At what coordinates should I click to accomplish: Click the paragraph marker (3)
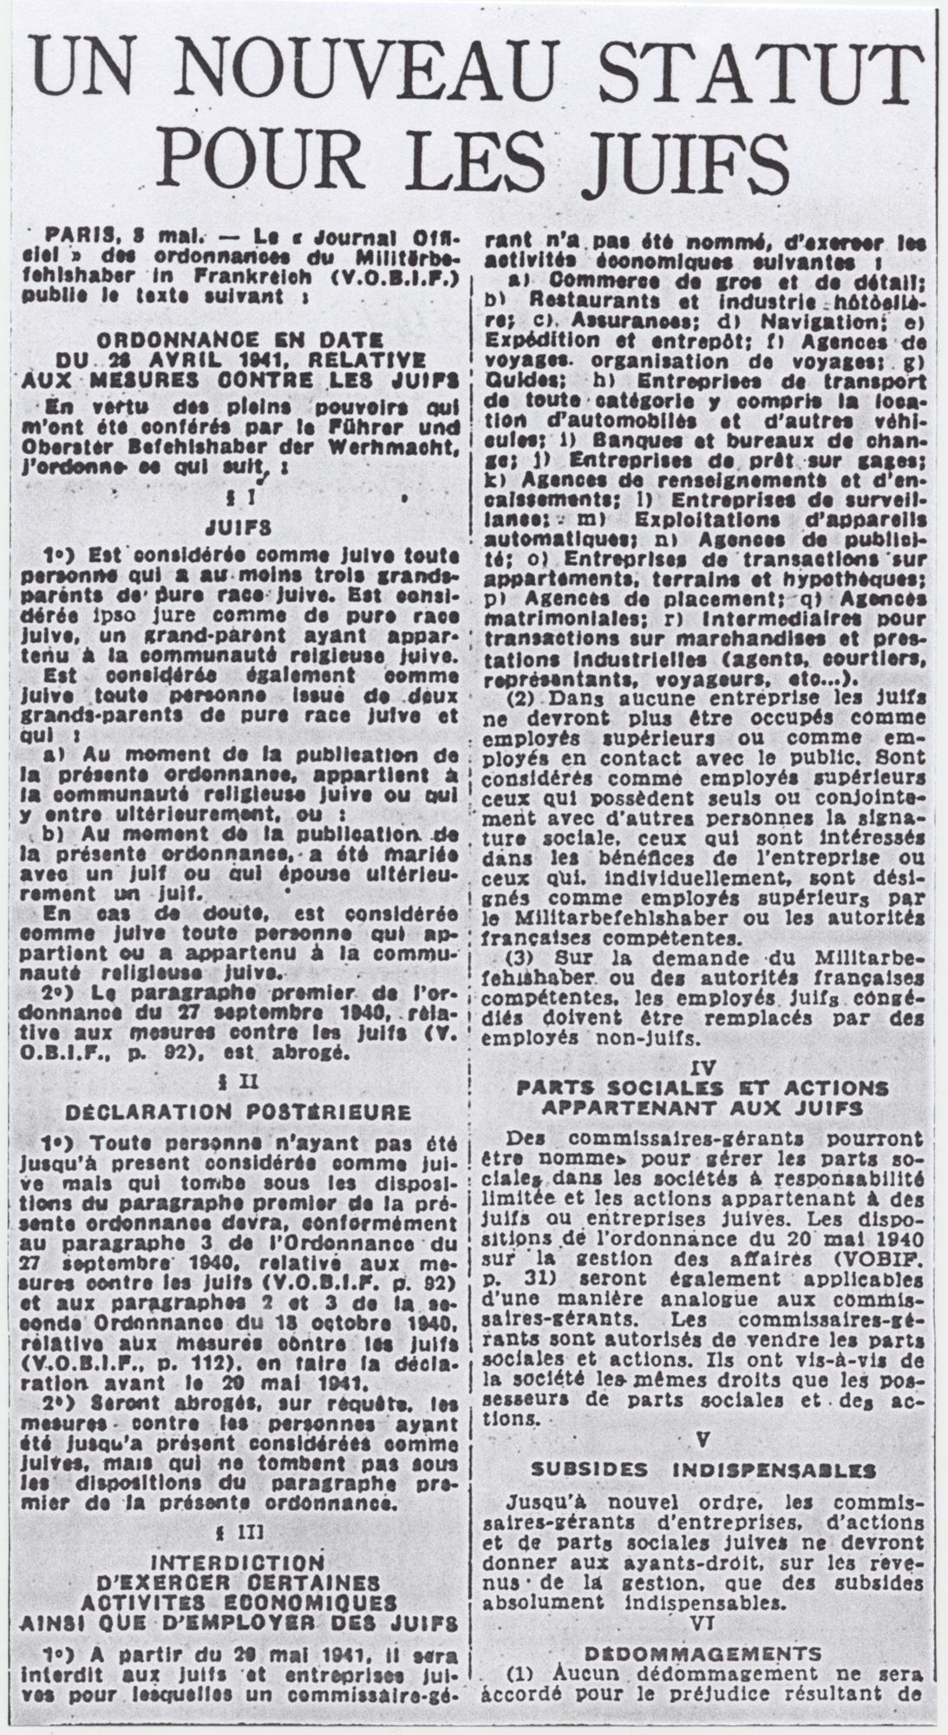tap(521, 958)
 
